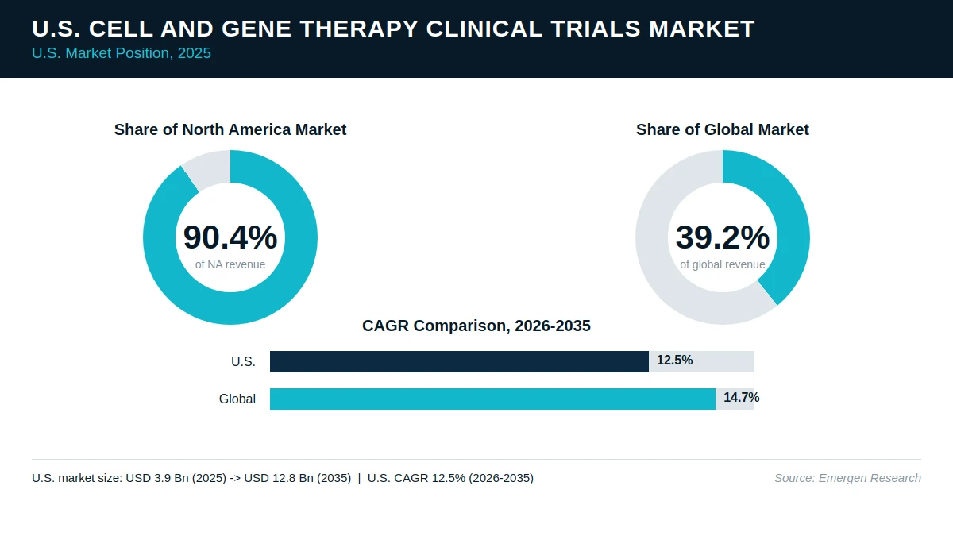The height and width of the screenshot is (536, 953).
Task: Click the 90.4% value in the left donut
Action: pyautogui.click(x=230, y=237)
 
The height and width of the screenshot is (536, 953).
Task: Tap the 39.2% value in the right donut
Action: pyautogui.click(x=723, y=237)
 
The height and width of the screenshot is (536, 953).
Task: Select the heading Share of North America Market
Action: pyautogui.click(x=230, y=129)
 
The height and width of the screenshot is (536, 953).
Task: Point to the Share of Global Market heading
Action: pyautogui.click(x=723, y=129)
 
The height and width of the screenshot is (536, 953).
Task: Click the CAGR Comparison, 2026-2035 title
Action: pyautogui.click(x=476, y=326)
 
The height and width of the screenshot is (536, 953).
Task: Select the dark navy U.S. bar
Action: pyautogui.click(x=460, y=361)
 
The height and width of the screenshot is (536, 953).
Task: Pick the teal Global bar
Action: pyautogui.click(x=492, y=399)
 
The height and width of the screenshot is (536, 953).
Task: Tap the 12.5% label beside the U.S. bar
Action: pyautogui.click(x=675, y=361)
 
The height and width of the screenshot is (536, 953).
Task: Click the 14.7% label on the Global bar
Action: pyautogui.click(x=742, y=397)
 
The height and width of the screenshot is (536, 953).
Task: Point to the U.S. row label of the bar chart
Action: pyautogui.click(x=243, y=361)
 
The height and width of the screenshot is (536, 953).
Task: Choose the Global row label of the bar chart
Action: pyautogui.click(x=237, y=399)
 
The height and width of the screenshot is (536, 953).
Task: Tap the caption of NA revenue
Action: pyautogui.click(x=230, y=264)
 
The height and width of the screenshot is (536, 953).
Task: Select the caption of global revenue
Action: pyautogui.click(x=723, y=264)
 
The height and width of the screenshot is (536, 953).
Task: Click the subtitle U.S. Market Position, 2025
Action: pyautogui.click(x=122, y=53)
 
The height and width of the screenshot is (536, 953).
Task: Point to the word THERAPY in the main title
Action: pyautogui.click(x=359, y=29)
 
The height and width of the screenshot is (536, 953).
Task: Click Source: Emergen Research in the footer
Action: pyautogui.click(x=847, y=478)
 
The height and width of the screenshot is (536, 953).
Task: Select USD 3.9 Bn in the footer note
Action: pyautogui.click(x=157, y=478)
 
